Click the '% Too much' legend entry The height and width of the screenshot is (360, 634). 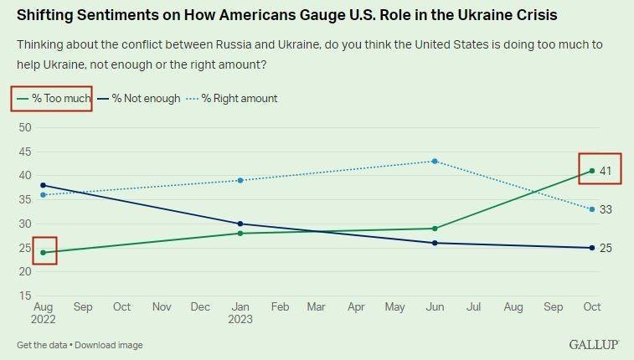click(x=52, y=99)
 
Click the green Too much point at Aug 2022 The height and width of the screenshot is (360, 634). click(x=44, y=252)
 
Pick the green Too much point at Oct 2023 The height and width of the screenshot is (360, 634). click(x=592, y=171)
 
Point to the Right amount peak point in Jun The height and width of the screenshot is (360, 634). click(x=435, y=161)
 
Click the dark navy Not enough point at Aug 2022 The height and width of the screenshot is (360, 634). click(x=44, y=185)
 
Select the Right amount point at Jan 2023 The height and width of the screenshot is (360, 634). click(x=240, y=180)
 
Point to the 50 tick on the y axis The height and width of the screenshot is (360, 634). click(x=24, y=127)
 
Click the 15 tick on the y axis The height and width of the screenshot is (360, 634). click(x=24, y=296)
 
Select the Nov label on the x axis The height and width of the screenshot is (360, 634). click(x=162, y=307)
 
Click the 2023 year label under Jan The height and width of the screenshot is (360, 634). click(x=240, y=319)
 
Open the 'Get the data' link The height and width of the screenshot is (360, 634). click(x=40, y=345)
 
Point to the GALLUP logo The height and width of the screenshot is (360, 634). click(x=595, y=344)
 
